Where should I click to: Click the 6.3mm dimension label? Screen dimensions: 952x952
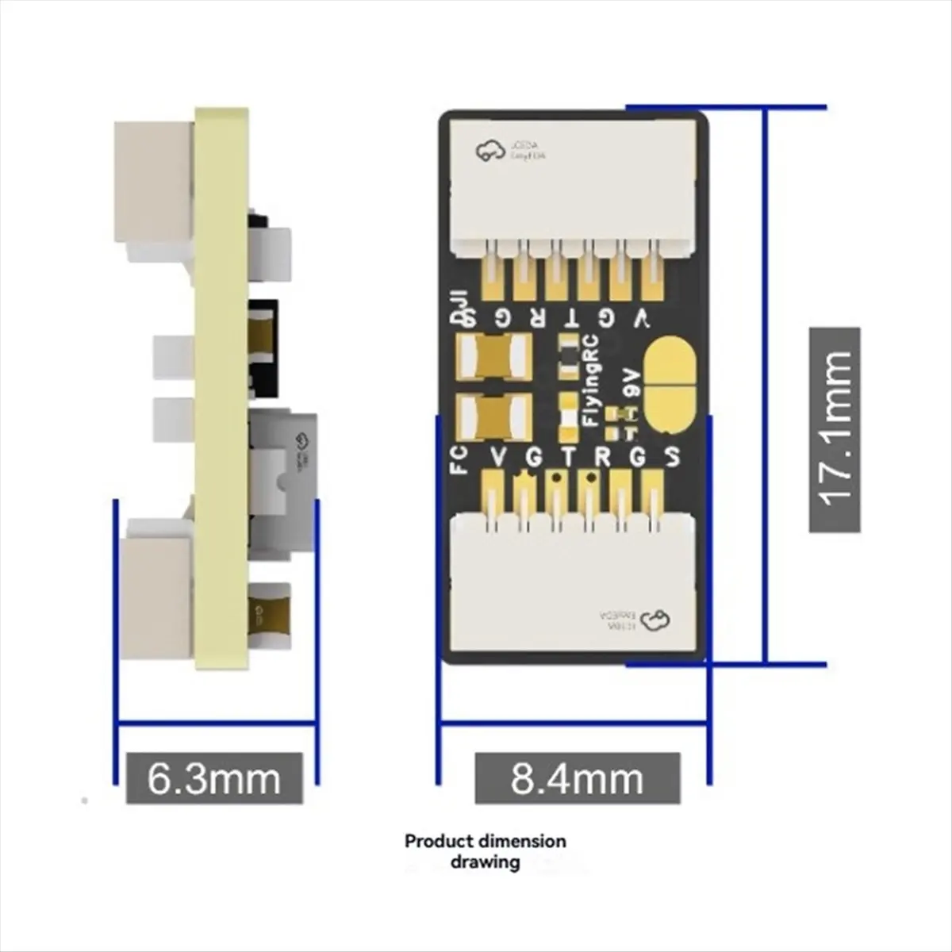[x=213, y=778]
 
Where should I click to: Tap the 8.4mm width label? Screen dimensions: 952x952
[x=577, y=778]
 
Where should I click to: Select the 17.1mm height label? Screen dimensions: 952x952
[x=834, y=429]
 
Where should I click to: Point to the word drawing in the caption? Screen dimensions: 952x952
[x=486, y=862]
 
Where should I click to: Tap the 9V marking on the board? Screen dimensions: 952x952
[x=632, y=381]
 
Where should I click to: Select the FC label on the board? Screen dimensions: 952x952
[x=459, y=459]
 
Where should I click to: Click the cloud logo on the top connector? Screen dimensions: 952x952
[x=490, y=150]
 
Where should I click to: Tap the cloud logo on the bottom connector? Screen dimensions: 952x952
[x=656, y=620]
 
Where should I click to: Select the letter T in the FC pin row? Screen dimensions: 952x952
[x=567, y=457]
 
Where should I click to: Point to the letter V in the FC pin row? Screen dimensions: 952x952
[x=498, y=457]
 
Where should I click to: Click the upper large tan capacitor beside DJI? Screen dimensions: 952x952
[x=494, y=355]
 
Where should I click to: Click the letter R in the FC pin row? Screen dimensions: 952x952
[x=602, y=457]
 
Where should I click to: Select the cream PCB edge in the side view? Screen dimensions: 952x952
[x=222, y=389]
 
